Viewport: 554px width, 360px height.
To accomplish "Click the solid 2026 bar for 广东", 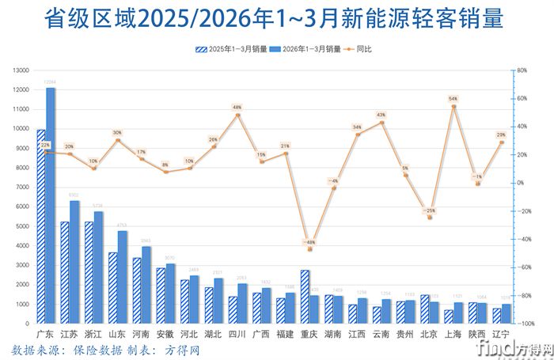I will (x=51, y=206).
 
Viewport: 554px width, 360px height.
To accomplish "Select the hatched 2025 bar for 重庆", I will (x=305, y=297).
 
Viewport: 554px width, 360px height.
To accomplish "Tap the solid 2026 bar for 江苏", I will (x=74, y=262).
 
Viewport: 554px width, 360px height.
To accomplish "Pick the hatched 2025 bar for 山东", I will (x=113, y=288).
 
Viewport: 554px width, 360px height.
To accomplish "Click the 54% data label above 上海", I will (x=453, y=99).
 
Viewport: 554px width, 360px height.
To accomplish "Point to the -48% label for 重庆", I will (x=309, y=242).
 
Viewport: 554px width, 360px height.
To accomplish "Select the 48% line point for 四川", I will (x=237, y=116).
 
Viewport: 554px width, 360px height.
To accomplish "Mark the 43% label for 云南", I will (x=381, y=115).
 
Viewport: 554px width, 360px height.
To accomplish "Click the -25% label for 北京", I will (x=429, y=210).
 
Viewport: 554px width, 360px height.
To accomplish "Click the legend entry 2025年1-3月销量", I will (x=229, y=49).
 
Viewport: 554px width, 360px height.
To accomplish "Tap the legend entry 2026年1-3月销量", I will (x=305, y=49).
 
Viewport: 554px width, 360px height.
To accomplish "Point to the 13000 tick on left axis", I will (x=20, y=70).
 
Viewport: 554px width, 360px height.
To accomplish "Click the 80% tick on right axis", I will (x=522, y=70).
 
